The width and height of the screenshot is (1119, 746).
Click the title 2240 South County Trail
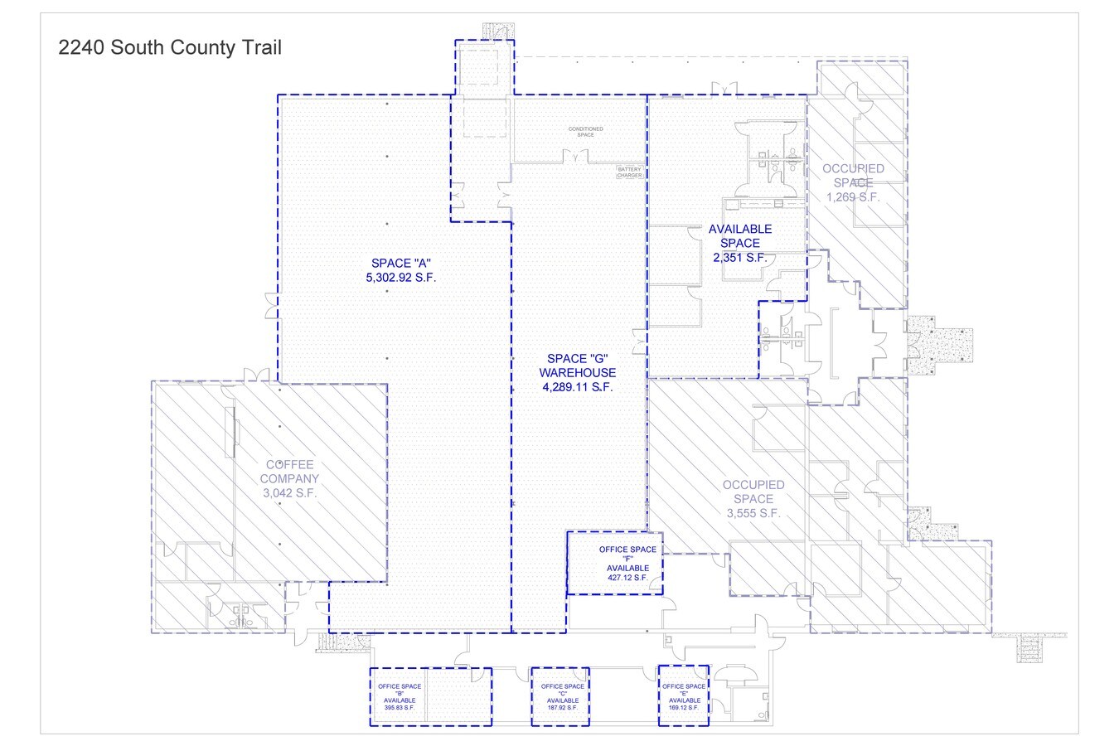pyautogui.click(x=170, y=48)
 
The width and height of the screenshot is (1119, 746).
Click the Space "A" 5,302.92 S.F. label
pyautogui.click(x=400, y=270)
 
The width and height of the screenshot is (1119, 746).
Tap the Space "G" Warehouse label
pyautogui.click(x=577, y=372)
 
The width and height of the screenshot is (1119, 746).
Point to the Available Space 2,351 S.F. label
pyautogui.click(x=739, y=243)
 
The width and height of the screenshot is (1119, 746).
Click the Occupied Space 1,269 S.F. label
pyautogui.click(x=853, y=183)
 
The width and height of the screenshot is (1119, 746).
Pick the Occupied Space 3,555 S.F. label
pyautogui.click(x=753, y=499)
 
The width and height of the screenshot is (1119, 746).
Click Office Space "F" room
pyautogui.click(x=614, y=564)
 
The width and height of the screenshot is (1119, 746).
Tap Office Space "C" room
pyautogui.click(x=560, y=696)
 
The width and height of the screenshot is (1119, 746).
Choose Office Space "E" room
pyautogui.click(x=684, y=696)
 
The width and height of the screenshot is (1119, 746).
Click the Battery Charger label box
pyautogui.click(x=629, y=172)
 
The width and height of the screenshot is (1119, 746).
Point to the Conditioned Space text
pyautogui.click(x=585, y=132)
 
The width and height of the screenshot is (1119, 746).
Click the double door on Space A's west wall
pyautogui.click(x=270, y=305)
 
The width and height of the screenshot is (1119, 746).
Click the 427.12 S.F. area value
pyautogui.click(x=627, y=578)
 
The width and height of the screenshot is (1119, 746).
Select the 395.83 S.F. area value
pyautogui.click(x=400, y=709)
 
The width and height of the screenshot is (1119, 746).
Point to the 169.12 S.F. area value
pyautogui.click(x=684, y=709)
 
